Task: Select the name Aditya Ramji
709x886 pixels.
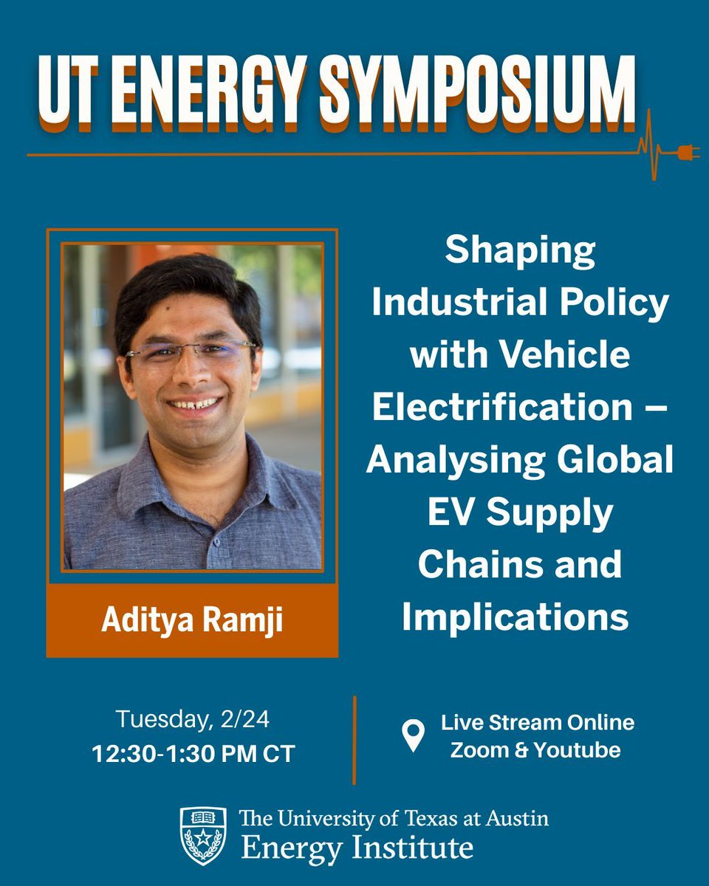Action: pyautogui.click(x=192, y=620)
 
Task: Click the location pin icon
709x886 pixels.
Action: pyautogui.click(x=413, y=736)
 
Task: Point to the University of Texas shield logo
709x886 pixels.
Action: pyautogui.click(x=203, y=836)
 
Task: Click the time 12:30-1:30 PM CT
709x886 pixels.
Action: pyautogui.click(x=193, y=753)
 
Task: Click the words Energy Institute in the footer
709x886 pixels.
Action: pyautogui.click(x=356, y=848)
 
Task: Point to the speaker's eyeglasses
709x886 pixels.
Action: pyautogui.click(x=191, y=351)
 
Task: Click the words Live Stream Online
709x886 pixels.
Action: pyautogui.click(x=538, y=722)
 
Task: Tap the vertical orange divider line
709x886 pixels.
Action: pyautogui.click(x=354, y=738)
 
